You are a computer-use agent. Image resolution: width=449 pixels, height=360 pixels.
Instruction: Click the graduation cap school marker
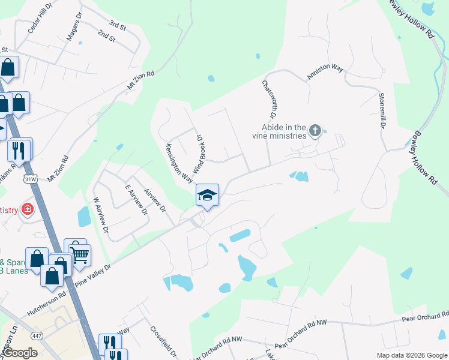(x=207, y=196)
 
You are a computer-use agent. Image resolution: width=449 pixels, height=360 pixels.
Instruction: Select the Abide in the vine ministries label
(x=283, y=131)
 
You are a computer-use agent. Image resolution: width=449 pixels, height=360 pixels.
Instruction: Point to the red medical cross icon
(x=26, y=209)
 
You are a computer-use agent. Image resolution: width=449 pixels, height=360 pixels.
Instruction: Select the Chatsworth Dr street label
(x=268, y=100)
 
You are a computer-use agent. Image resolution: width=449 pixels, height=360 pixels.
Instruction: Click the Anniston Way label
(x=325, y=72)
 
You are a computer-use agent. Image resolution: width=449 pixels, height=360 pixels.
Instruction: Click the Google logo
(x=20, y=353)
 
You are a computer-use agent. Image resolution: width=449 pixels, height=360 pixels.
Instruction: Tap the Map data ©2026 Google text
(x=411, y=355)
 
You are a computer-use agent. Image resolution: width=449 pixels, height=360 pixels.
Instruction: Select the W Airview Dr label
(x=100, y=215)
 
